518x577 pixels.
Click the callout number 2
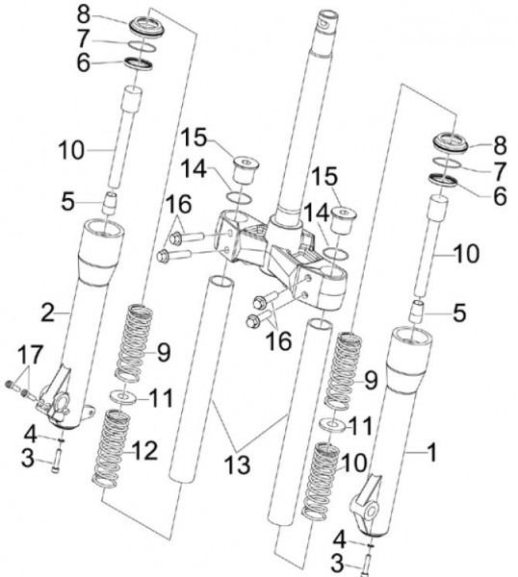47,314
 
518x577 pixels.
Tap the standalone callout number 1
431,452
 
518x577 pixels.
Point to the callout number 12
145,450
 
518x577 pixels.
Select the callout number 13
237,464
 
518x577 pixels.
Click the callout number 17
30,354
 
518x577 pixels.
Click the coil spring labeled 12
111,449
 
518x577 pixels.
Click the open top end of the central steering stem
328,16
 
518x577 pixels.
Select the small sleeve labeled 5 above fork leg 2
109,203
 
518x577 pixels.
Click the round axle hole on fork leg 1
372,511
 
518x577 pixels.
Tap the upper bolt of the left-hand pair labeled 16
187,237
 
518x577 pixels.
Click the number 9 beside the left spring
164,353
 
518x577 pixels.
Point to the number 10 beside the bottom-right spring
353,463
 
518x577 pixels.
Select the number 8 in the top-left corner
84,15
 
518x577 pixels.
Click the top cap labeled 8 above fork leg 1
451,142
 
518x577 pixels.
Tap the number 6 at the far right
500,196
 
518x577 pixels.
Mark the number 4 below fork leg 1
339,540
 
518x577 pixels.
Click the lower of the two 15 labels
324,176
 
